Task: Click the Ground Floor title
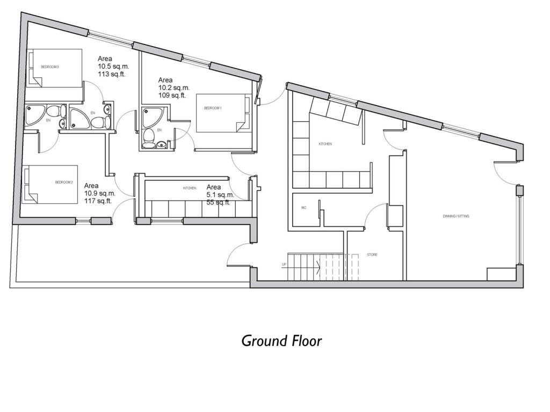coord(281,341)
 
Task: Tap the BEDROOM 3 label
coord(49,67)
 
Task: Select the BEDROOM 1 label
coord(213,108)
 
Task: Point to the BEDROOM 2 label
coord(63,182)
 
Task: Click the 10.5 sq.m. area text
coord(113,67)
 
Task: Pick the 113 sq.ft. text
coord(111,75)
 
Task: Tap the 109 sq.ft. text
coord(172,95)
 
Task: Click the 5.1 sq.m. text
coord(220,195)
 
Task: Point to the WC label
coord(303,208)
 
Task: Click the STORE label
coord(372,255)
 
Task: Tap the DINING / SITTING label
coord(457,216)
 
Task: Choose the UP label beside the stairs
coord(284,265)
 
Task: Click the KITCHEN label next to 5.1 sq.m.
coord(190,188)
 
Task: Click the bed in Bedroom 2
coord(49,184)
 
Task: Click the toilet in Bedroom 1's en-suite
coord(149,138)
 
